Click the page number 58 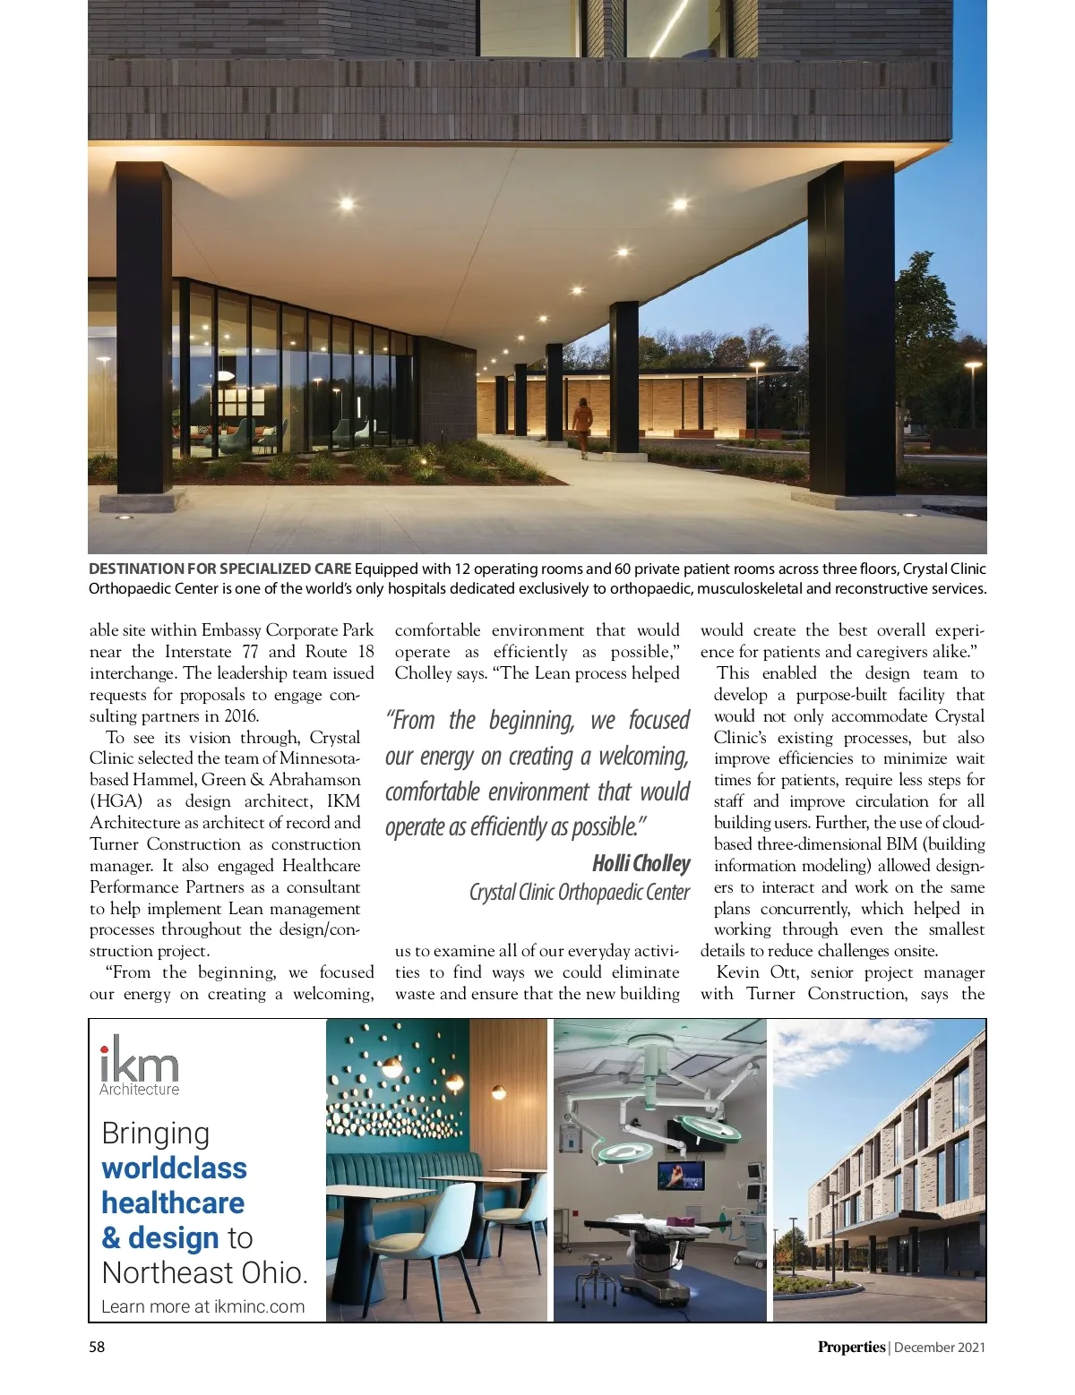click(x=97, y=1347)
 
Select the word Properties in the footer click(x=850, y=1347)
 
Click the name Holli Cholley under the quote click(x=641, y=863)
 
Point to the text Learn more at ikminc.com click(x=202, y=1306)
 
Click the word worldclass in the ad click(x=174, y=1168)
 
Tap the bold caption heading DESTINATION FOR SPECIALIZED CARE click(x=219, y=569)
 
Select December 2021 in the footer click(x=940, y=1347)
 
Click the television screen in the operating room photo click(x=681, y=1175)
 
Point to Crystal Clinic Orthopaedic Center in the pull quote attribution click(x=579, y=893)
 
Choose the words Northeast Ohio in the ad click(x=204, y=1272)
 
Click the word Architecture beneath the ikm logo click(x=139, y=1090)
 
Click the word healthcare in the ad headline click(x=173, y=1202)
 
